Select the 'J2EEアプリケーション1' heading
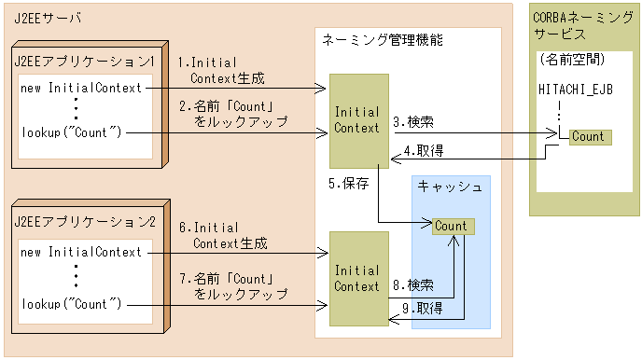(x=85, y=60)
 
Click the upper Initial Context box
(x=356, y=121)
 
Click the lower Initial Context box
(x=356, y=279)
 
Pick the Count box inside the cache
(x=451, y=226)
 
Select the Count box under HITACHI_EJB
(x=588, y=136)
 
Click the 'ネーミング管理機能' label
(x=382, y=40)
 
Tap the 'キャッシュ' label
(x=450, y=187)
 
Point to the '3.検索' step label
(x=412, y=121)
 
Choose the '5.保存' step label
(x=349, y=183)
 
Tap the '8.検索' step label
(x=412, y=284)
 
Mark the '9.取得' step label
(x=423, y=308)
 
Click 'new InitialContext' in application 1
(x=81, y=88)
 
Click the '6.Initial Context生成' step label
(x=223, y=235)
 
